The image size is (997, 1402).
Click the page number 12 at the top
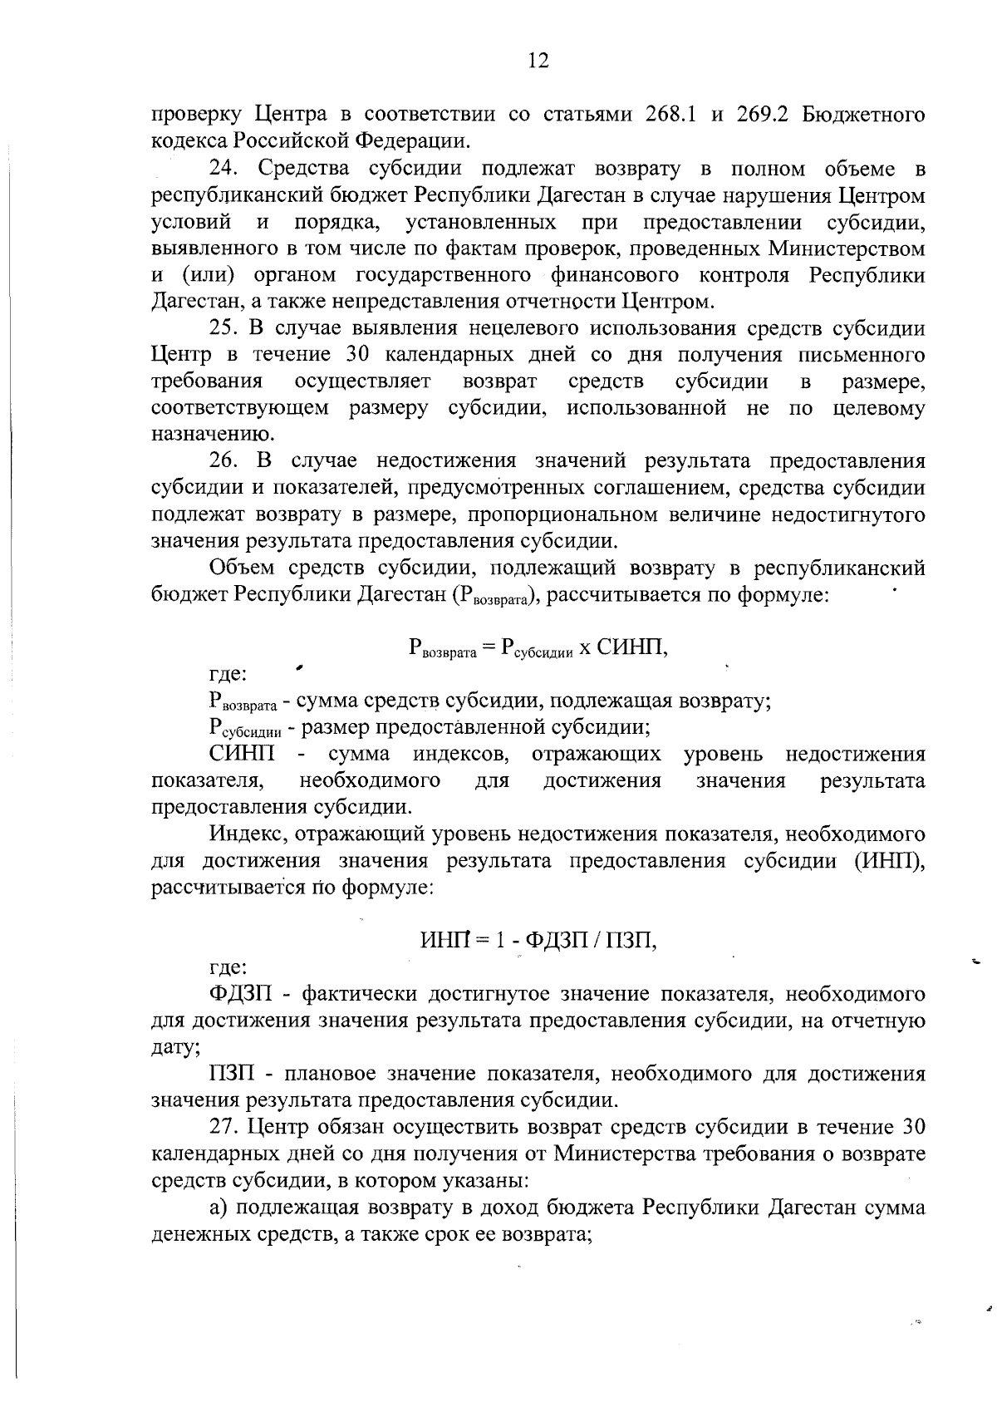(x=538, y=61)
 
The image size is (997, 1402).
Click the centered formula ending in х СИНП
(x=538, y=648)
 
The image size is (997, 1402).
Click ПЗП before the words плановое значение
(x=232, y=1075)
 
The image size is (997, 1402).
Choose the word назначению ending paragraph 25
(x=213, y=435)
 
